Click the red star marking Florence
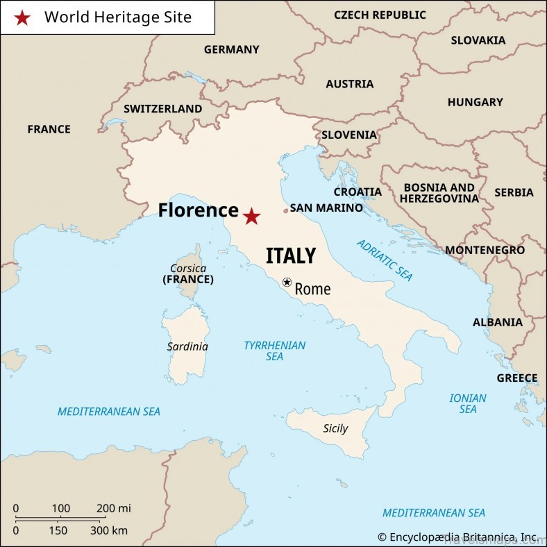251,217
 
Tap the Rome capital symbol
287,283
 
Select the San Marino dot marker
285,210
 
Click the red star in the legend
22,18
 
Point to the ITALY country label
290,255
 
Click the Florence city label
198,210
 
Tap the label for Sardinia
187,346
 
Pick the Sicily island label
335,428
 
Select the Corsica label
187,268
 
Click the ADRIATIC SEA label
385,260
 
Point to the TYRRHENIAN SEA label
274,351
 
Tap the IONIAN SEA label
468,403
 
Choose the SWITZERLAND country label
162,109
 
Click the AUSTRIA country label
349,84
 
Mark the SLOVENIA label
348,135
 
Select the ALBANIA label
498,322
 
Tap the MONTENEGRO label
485,250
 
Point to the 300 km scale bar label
110,531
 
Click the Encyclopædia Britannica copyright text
457,537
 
